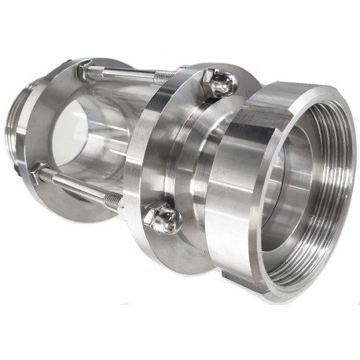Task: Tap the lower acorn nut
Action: (163, 220)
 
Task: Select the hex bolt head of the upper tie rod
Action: (84, 72)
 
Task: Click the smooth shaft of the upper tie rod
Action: (126, 75)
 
